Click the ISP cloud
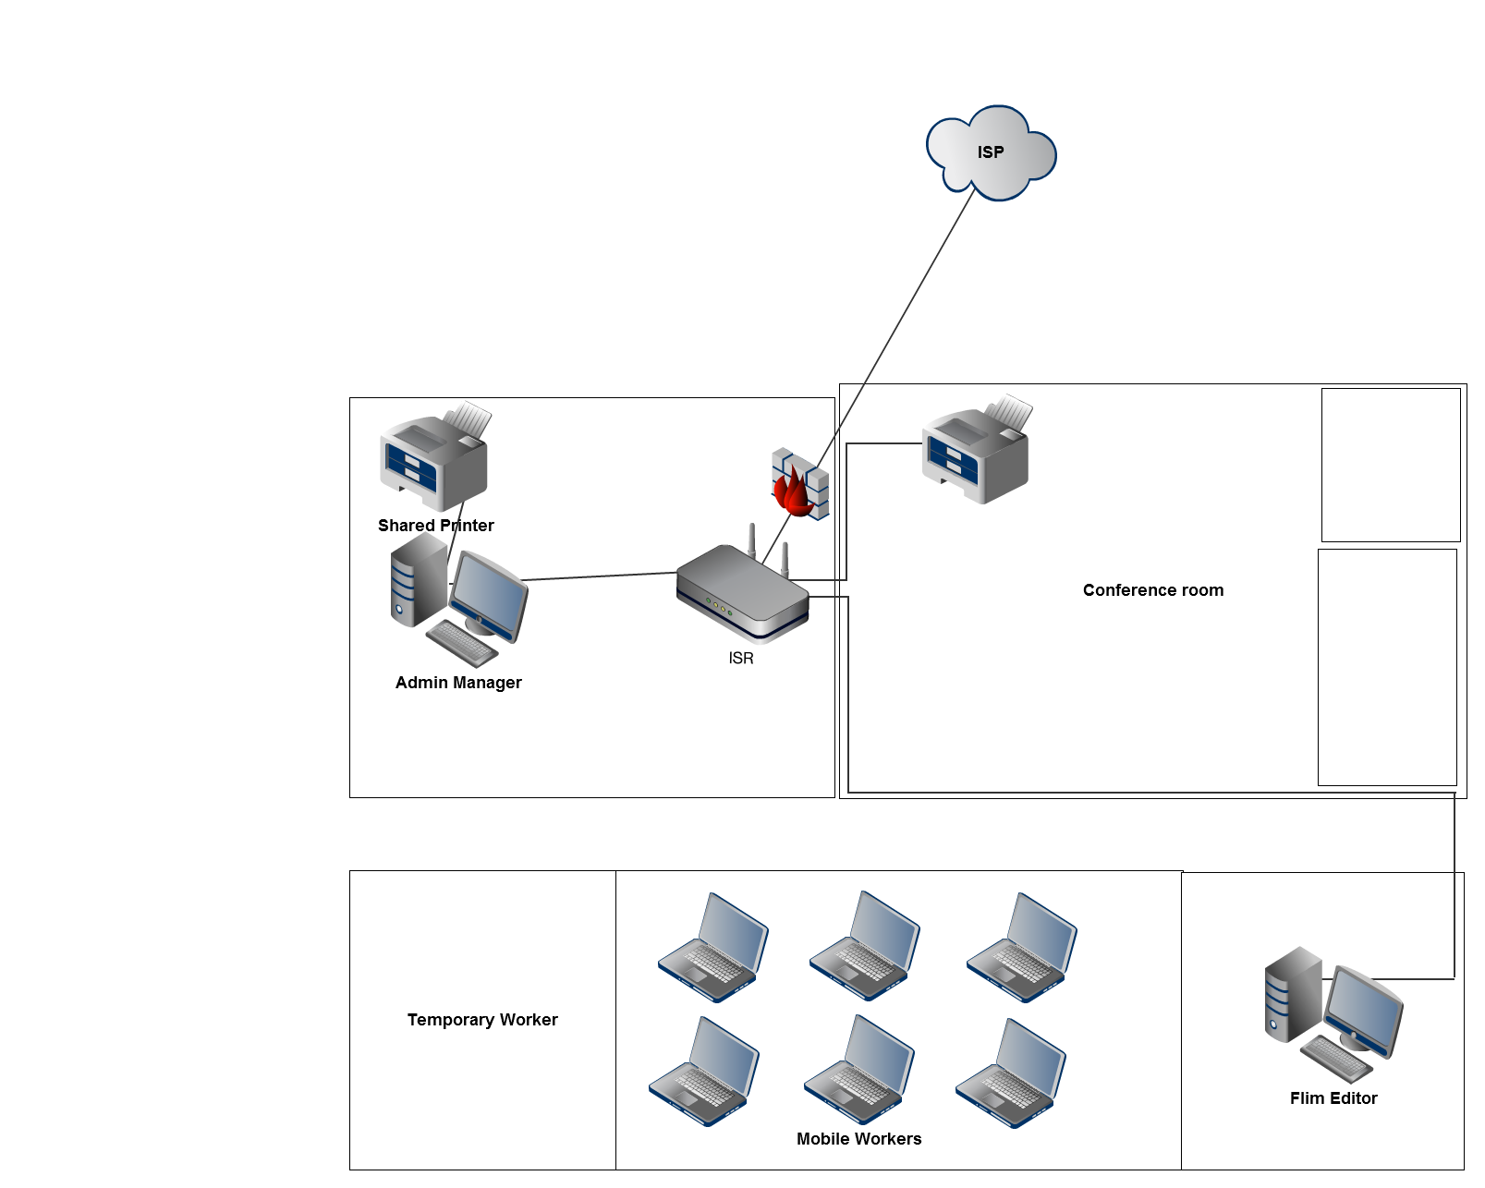tap(991, 152)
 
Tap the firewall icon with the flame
tap(799, 484)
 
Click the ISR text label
tap(741, 659)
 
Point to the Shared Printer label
tap(436, 526)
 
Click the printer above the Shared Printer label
tap(434, 458)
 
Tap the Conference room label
tap(1153, 590)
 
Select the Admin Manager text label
tap(458, 683)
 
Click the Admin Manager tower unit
tap(417, 580)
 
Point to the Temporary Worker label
tap(482, 1020)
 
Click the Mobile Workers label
tap(859, 1139)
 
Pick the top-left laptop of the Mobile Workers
tap(713, 947)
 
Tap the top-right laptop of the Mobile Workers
tap(1022, 947)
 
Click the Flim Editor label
tap(1333, 1098)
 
